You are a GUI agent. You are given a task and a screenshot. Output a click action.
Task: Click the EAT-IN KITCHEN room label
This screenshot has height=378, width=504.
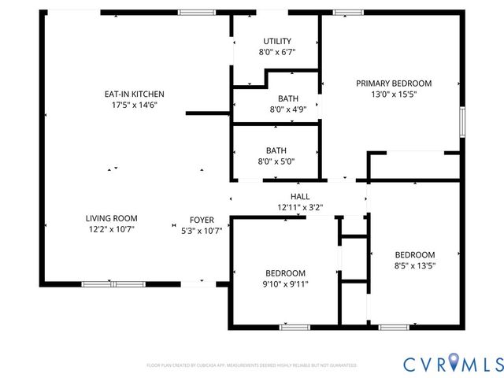click(135, 94)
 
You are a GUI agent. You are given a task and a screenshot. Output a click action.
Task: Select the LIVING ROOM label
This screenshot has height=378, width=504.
click(112, 218)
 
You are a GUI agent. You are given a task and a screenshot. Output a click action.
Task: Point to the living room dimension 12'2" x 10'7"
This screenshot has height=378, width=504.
click(112, 230)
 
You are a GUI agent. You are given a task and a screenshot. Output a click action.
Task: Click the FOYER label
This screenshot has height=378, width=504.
click(202, 220)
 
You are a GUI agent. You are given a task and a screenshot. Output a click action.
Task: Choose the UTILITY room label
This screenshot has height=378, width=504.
click(277, 41)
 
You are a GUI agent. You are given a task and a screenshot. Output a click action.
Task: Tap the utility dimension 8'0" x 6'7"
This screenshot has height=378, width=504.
click(277, 52)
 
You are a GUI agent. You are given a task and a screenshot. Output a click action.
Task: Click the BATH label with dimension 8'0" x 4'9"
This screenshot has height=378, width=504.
click(287, 98)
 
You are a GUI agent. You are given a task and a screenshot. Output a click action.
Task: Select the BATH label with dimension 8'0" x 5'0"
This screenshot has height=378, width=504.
click(276, 150)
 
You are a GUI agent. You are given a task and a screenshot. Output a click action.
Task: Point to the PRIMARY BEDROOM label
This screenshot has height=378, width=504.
click(394, 83)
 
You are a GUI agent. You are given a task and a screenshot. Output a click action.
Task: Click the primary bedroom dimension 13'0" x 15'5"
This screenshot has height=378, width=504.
click(394, 94)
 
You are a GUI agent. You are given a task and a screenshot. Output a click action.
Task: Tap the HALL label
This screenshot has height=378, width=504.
click(300, 196)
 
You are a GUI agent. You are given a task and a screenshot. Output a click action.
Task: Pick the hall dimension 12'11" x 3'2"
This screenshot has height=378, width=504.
click(300, 208)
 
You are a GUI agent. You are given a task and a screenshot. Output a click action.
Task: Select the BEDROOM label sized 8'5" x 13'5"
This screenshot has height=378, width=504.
click(414, 254)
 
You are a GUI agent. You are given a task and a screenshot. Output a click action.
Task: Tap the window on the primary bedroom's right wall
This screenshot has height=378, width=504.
click(463, 123)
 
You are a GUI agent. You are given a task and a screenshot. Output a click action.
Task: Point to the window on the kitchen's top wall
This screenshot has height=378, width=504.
click(196, 12)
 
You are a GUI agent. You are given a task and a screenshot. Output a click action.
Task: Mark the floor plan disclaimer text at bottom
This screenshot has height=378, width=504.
click(251, 365)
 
